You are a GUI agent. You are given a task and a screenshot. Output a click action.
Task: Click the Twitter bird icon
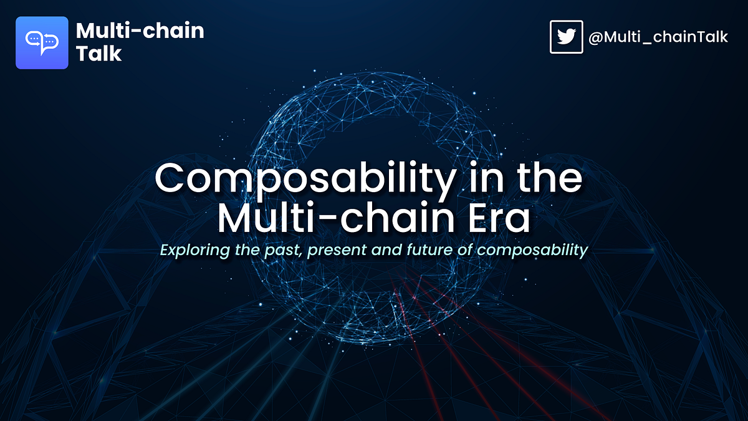566,37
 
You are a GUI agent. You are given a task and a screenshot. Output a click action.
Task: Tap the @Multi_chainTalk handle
658,37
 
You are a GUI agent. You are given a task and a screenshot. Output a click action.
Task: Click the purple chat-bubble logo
42,42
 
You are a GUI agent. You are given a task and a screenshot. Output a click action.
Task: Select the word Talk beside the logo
98,54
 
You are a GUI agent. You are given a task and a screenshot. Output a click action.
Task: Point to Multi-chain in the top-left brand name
139,31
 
